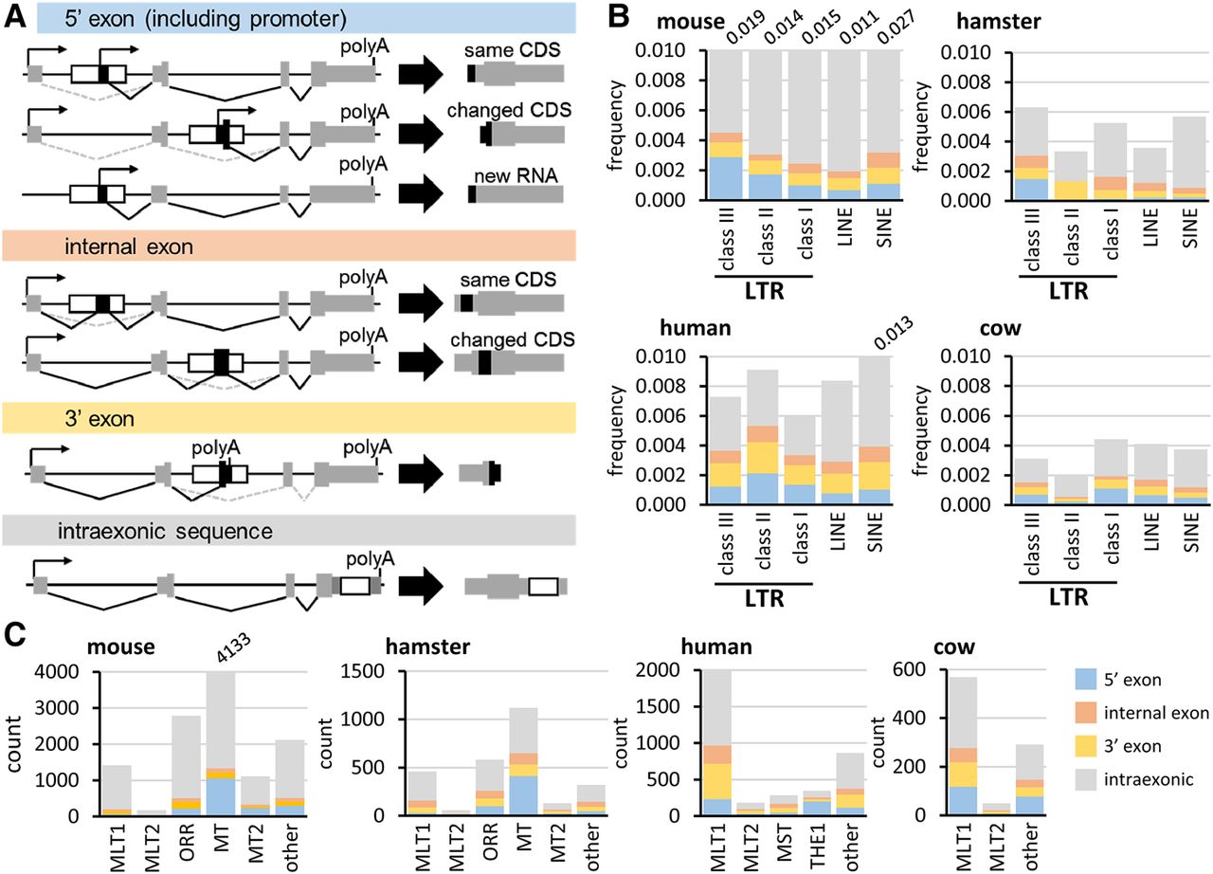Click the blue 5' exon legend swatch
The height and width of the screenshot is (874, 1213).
(x=1086, y=679)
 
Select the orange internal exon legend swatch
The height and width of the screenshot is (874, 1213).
(x=1086, y=713)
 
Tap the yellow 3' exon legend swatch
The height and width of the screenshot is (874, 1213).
(x=1086, y=746)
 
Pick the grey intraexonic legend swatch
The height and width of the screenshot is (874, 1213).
(x=1086, y=779)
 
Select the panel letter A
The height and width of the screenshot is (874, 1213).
(x=15, y=17)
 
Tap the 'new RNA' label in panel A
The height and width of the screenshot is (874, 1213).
(x=516, y=176)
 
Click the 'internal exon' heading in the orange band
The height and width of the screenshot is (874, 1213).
(x=129, y=246)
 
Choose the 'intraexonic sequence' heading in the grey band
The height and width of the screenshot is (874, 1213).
(x=165, y=531)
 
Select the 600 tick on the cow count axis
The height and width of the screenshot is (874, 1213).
(x=909, y=670)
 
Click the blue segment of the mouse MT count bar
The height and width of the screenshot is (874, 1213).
(x=221, y=796)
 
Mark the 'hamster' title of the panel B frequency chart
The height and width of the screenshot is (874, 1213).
(x=999, y=22)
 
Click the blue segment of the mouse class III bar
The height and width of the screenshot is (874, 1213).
(x=726, y=179)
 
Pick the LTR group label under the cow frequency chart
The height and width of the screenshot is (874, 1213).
(x=1068, y=597)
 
